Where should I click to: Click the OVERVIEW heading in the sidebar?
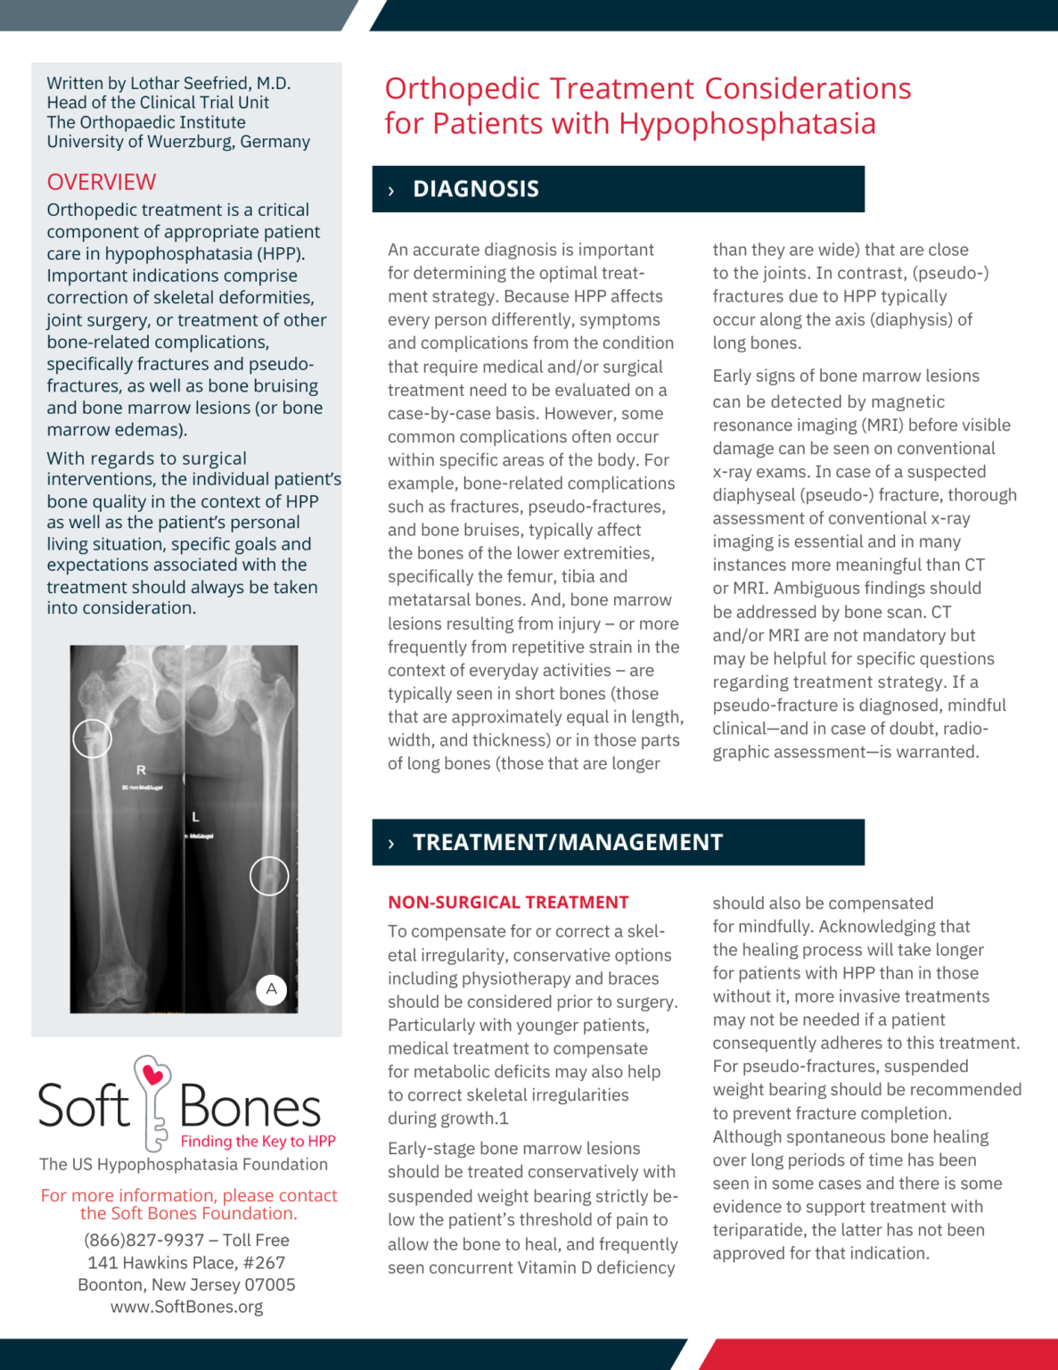(101, 182)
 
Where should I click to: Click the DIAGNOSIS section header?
(475, 189)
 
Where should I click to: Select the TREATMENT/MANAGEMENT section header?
(567, 842)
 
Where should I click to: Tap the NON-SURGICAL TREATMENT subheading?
(508, 903)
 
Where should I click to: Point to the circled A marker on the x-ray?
(271, 989)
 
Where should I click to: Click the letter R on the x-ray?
(141, 770)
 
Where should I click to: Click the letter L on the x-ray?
(195, 816)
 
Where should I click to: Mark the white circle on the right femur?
(92, 739)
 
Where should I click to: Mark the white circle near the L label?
(268, 876)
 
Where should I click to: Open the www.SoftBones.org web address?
(186, 1307)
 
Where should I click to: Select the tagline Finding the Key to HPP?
(258, 1141)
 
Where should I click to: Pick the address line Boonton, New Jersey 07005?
(186, 1284)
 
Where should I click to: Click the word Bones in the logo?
(250, 1108)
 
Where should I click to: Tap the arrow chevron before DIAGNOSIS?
(391, 190)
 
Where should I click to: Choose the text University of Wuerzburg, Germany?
(178, 142)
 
